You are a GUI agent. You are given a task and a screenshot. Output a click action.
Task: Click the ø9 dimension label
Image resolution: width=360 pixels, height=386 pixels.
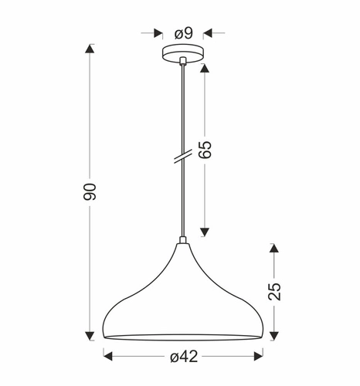(x=184, y=33)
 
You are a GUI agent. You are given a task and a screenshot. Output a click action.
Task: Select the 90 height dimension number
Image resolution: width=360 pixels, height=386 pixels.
(x=90, y=194)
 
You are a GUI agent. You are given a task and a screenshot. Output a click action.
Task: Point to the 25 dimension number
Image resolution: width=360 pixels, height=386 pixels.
(x=274, y=290)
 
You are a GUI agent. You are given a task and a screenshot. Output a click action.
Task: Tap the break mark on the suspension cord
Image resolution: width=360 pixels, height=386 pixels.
(x=182, y=156)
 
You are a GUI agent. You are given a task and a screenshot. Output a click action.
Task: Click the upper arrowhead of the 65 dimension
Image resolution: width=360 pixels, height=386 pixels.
(x=205, y=68)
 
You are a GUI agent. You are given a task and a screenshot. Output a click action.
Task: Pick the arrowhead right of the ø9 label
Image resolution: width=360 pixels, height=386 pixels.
(x=209, y=33)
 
